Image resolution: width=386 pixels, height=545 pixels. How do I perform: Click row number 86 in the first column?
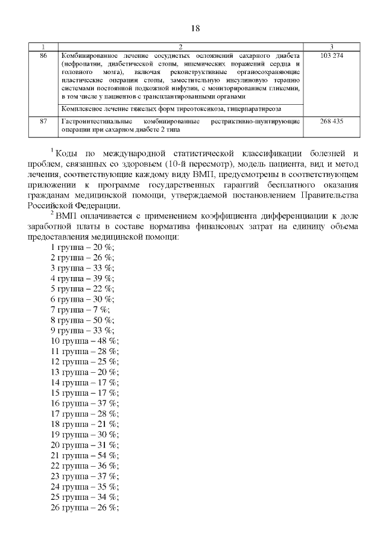43,55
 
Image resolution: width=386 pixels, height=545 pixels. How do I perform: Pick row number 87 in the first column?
43,121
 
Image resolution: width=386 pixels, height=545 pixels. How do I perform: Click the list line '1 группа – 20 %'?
81,247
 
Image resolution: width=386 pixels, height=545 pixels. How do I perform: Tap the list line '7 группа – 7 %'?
79,309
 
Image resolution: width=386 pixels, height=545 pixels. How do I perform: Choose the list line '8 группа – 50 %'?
81,320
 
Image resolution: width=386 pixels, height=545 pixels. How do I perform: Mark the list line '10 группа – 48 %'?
84,340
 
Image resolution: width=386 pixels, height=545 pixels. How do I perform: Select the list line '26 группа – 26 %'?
84,507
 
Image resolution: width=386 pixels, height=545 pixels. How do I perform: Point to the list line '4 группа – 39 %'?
81,278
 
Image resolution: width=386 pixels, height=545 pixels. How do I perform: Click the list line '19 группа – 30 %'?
84,434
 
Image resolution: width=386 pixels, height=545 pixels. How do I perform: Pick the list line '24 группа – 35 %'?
84,486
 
